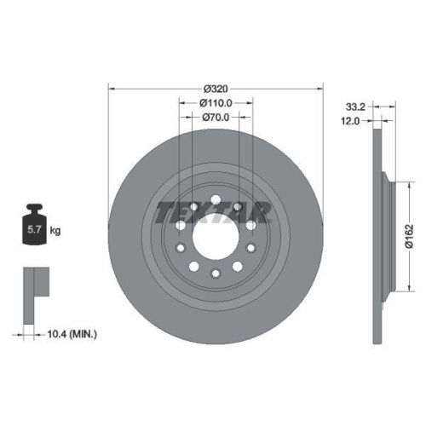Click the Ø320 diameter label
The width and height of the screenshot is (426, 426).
click(216, 88)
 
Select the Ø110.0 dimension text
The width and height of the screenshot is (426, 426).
click(216, 103)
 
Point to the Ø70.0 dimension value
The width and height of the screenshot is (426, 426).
click(216, 119)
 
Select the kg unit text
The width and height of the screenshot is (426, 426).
click(56, 231)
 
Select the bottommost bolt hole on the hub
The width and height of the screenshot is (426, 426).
click(216, 273)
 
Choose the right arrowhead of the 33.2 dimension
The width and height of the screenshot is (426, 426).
click(394, 107)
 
